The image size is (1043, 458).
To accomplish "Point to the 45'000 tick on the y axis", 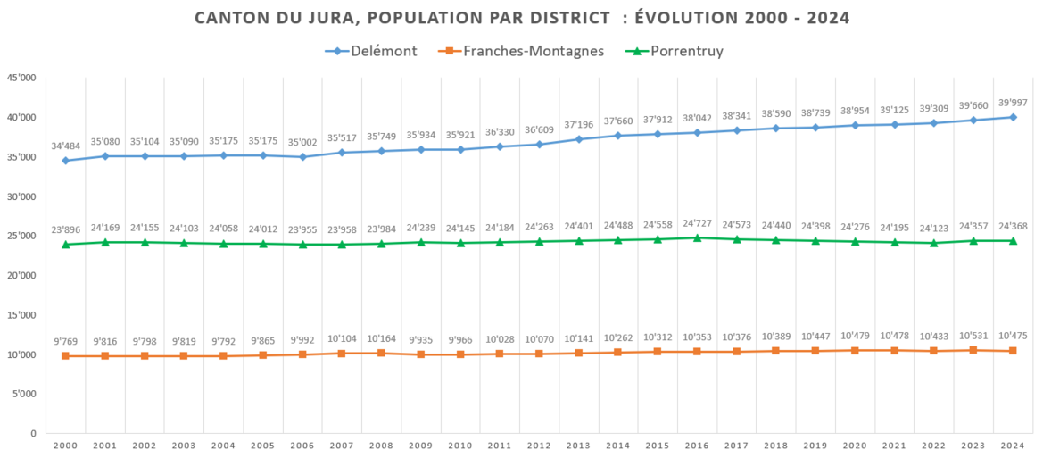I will click(x=21, y=78).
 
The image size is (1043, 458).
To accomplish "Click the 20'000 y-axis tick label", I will click(x=21, y=276).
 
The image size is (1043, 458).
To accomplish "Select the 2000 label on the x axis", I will click(x=65, y=446).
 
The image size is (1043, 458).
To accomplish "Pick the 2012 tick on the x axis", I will click(x=539, y=446).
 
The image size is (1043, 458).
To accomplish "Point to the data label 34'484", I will click(x=65, y=146).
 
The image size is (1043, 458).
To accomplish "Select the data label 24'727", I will click(x=698, y=222).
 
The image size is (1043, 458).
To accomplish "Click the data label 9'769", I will click(x=65, y=340).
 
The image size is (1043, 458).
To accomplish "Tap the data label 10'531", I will click(x=973, y=336).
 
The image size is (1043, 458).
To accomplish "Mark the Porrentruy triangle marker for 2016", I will click(x=698, y=237).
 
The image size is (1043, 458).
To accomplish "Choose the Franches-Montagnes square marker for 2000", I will click(x=65, y=356).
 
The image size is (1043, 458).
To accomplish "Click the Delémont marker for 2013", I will click(x=579, y=139).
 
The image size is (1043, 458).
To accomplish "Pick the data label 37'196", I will click(x=579, y=124).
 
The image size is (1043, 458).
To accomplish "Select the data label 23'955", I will click(x=302, y=229).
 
